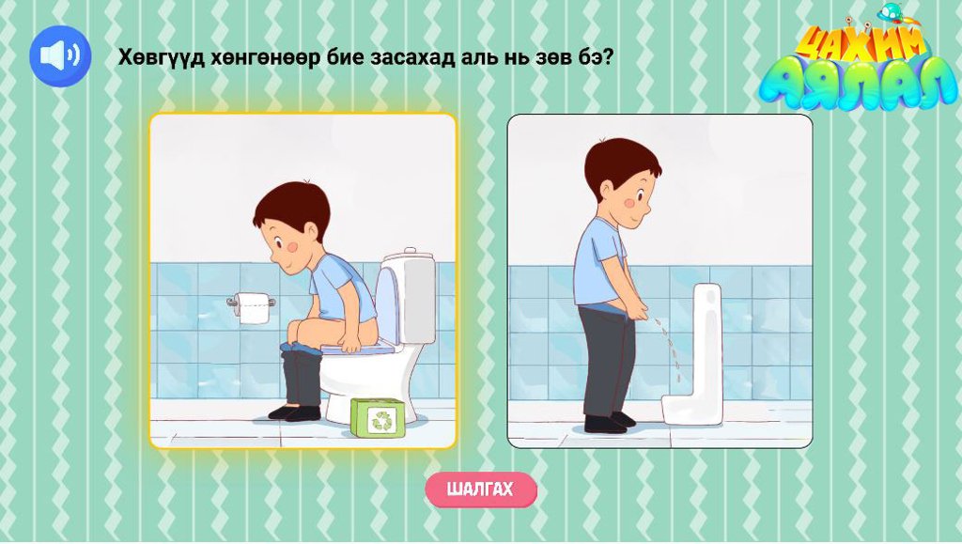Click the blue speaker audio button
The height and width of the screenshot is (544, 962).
[x=60, y=55]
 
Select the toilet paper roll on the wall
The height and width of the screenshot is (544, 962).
[x=252, y=307]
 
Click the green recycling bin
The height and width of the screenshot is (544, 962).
[x=378, y=418]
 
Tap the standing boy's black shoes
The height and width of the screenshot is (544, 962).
[x=609, y=423]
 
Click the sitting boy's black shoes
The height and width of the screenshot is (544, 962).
[x=295, y=412]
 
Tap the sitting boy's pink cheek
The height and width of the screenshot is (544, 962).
[x=293, y=246]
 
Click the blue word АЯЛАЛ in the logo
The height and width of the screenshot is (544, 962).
[x=858, y=81]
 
